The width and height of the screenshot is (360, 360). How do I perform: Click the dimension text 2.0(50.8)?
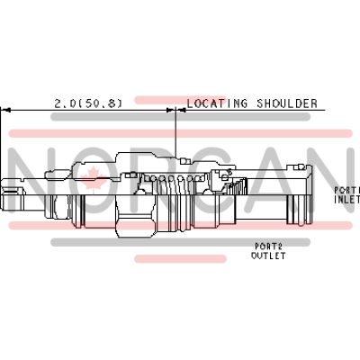click(88, 103)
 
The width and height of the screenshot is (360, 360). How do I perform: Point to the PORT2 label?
click(268, 246)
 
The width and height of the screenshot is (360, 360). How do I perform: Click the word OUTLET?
click(268, 256)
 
